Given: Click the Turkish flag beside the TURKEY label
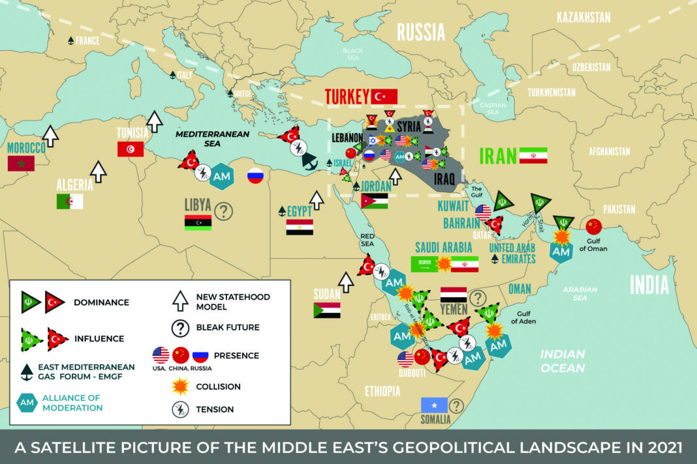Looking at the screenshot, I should (x=384, y=97).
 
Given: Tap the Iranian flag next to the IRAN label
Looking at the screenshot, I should (x=533, y=156).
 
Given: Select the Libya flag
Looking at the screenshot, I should (x=198, y=223).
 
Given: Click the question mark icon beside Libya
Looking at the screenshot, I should (x=224, y=211).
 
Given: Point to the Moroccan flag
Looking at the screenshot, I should (x=20, y=164).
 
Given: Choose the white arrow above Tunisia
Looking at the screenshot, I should (x=155, y=121).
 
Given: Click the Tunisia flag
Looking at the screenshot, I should (x=131, y=149).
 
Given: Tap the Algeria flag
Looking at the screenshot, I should (x=70, y=201).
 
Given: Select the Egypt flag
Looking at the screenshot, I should (x=300, y=227).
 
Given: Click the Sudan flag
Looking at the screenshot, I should (x=326, y=310).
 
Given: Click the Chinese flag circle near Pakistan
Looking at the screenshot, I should (x=593, y=226).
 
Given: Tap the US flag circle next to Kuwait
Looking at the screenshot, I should (x=483, y=212).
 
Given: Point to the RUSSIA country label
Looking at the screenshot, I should (x=421, y=32).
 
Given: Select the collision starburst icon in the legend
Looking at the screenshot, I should (x=179, y=386).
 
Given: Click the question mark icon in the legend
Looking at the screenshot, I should (x=179, y=326).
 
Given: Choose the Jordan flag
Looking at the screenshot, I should (x=374, y=201).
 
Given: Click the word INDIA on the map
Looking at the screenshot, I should (x=649, y=285).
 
